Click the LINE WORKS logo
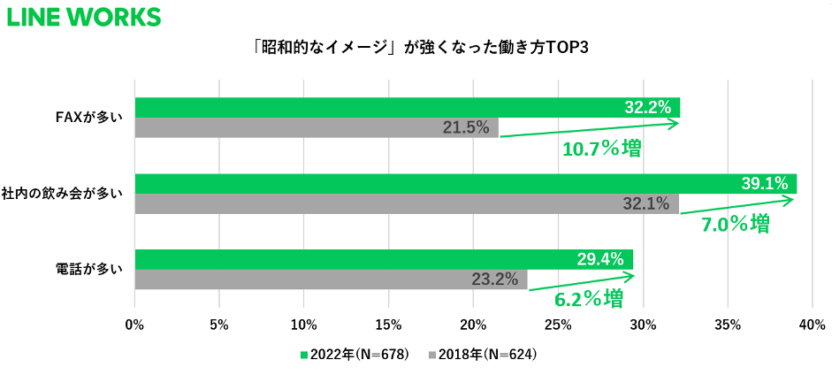(84, 17)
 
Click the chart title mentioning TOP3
(416, 47)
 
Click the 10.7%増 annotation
(601, 148)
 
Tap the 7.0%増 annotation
(735, 224)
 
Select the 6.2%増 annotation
(588, 298)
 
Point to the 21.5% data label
(466, 127)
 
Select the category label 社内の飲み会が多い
(73, 193)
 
